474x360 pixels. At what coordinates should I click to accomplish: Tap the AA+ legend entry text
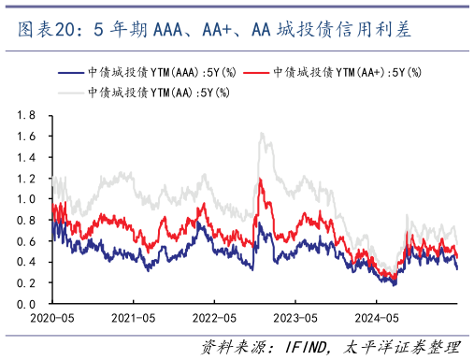coord(347,72)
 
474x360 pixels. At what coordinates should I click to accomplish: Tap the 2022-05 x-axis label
coord(213,318)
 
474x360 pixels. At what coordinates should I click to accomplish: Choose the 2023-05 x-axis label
coord(294,318)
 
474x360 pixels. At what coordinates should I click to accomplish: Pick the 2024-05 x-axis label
coord(375,318)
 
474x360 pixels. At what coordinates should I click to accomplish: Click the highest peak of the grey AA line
coord(263,133)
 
